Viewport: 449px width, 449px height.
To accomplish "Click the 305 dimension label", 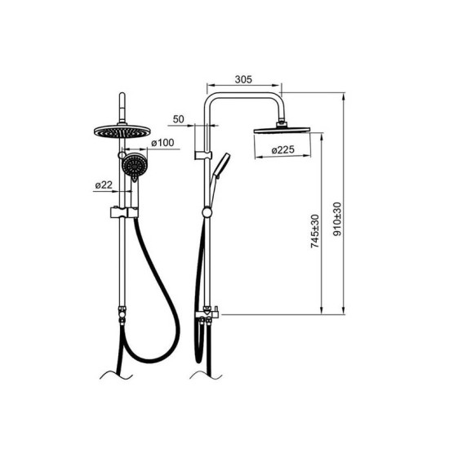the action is coord(243,79).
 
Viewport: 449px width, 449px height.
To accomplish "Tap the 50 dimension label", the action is coord(179,119).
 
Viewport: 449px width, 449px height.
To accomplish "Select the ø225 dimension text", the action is coord(283,149).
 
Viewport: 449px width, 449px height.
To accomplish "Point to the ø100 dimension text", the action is coord(162,143).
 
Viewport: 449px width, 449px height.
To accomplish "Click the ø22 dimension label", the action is coord(104,185).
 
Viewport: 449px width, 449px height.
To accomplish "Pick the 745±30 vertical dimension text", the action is coord(315,231).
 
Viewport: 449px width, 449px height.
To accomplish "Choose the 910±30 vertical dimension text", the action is coord(338,219).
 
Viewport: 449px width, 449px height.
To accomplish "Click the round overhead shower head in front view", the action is coord(122,131).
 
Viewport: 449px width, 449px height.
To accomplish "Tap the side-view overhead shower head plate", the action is coord(282,131).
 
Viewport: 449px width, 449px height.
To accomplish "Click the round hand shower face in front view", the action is coord(135,165).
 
